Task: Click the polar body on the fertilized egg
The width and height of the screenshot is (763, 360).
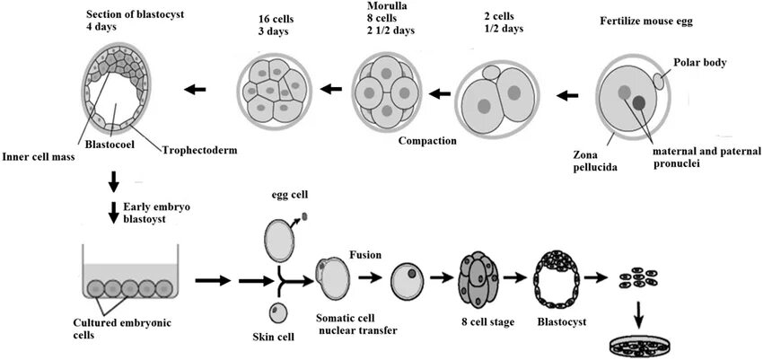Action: (662, 81)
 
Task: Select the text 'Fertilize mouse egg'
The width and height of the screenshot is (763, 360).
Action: (648, 20)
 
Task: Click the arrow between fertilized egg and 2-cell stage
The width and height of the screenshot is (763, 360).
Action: (568, 92)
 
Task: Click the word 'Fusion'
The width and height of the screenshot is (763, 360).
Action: (364, 256)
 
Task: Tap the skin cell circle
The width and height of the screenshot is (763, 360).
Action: (279, 312)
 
